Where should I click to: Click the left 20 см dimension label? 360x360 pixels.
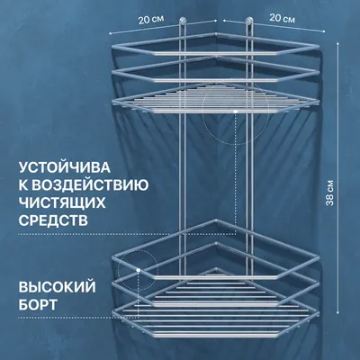[151, 20]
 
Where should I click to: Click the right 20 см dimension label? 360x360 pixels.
[282, 18]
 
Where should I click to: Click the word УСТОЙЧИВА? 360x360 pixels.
[65, 167]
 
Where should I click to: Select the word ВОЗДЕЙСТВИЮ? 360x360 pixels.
[90, 185]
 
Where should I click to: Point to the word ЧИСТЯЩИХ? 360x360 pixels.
[62, 202]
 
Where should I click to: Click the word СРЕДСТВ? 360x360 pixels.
[53, 220]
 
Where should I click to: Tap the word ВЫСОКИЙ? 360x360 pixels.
[58, 287]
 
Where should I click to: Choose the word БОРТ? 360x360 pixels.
[38, 304]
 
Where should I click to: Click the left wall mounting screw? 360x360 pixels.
[183, 21]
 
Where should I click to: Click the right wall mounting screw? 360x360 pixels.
[249, 21]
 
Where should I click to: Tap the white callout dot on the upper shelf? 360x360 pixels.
[236, 112]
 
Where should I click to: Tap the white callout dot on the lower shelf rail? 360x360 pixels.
[139, 270]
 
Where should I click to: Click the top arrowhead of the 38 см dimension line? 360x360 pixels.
[338, 44]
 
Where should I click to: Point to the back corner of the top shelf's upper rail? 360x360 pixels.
[216, 33]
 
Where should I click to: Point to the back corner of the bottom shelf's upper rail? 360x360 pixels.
[216, 220]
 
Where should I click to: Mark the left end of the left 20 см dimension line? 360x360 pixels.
[110, 33]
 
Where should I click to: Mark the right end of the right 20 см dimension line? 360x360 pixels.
[324, 31]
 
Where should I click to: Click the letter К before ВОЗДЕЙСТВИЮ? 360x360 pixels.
[24, 185]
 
